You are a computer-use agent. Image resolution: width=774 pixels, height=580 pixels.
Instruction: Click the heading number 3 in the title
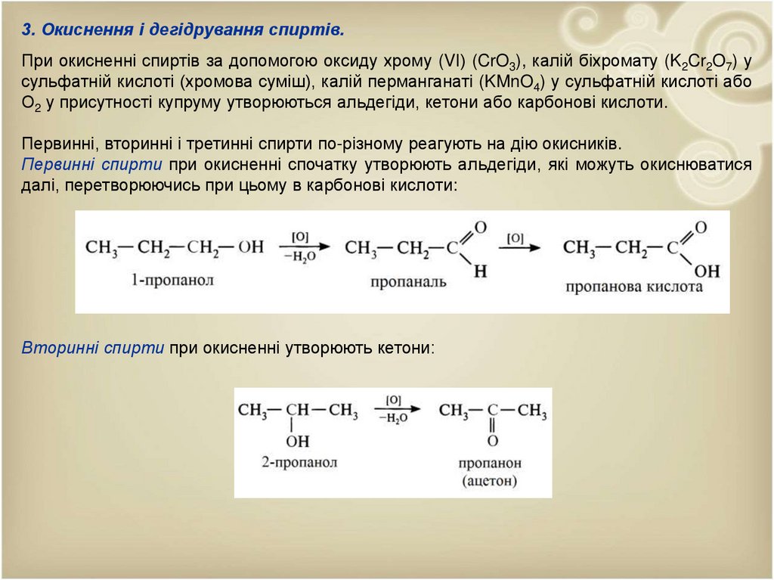pos(27,30)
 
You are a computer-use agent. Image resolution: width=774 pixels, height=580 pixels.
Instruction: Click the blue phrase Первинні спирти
pos(92,165)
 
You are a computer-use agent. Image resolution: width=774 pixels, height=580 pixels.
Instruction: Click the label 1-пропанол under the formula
pos(172,280)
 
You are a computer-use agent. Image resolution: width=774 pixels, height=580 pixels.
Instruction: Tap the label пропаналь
pos(408,282)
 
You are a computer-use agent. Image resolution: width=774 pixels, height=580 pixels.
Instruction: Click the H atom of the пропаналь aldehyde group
pos(479,271)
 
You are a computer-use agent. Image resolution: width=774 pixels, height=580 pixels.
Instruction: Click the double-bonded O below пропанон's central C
pos(493,440)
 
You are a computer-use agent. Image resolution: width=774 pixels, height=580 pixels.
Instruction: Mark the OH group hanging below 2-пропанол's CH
pos(298,440)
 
